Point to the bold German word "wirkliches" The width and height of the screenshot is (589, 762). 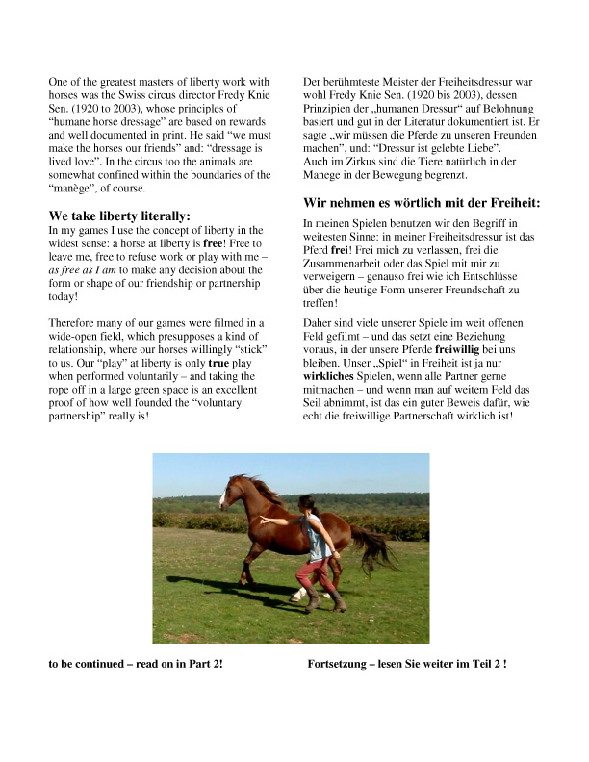coord(329,363)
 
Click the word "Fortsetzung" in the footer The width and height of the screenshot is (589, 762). coord(338,664)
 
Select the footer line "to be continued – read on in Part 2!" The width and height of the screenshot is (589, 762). coord(136,664)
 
